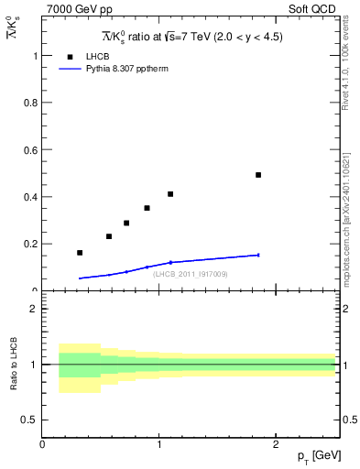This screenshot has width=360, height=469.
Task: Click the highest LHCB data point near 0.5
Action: point(258,175)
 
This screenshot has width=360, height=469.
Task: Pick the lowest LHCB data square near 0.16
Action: point(80,253)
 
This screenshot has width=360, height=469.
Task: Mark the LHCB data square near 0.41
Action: point(170,194)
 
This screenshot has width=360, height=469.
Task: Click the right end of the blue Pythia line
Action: point(258,255)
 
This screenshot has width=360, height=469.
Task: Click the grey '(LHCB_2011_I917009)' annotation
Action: point(191,274)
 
